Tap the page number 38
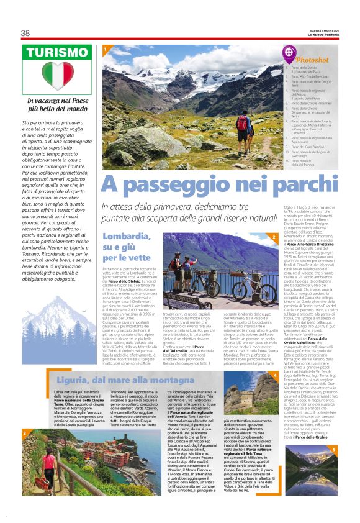pyautogui.click(x=25, y=33)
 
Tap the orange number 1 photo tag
pyautogui.click(x=106, y=48)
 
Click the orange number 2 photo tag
pyautogui.click(x=274, y=237)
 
